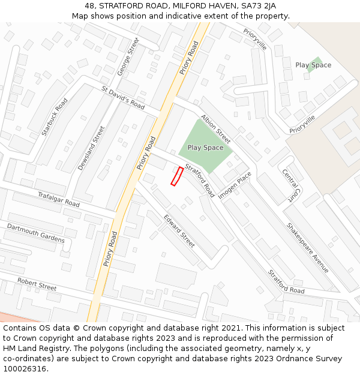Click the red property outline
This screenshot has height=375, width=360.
177,176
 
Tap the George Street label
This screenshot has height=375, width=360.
128,56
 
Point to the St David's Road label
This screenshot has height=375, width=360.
123,97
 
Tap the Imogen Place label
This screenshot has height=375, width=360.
235,186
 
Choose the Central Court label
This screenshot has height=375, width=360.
291,184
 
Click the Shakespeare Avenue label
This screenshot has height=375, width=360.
308,248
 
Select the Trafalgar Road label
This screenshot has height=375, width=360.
59,200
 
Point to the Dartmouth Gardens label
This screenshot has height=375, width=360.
35,233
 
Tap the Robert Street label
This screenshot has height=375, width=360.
37,284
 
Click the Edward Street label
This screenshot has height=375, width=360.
179,231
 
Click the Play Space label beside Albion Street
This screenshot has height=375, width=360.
205,148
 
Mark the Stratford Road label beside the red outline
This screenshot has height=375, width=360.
199,180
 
